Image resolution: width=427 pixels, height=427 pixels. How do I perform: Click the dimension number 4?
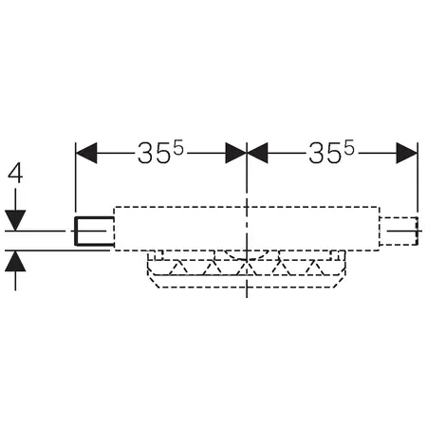[x=15, y=175]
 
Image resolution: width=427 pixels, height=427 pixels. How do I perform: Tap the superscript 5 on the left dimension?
[x=178, y=148]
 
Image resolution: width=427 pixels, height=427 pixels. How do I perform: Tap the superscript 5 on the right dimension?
[x=349, y=148]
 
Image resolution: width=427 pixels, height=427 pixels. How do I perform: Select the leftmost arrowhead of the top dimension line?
[x=86, y=153]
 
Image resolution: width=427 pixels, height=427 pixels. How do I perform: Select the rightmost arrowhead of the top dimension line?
[x=407, y=153]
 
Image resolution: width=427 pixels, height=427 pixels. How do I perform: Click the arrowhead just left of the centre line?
[x=235, y=153]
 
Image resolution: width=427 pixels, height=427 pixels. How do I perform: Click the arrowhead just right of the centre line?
[x=257, y=153]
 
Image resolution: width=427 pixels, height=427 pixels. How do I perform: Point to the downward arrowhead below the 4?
[x=15, y=220]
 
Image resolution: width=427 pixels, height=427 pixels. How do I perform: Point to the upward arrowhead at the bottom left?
[x=15, y=261]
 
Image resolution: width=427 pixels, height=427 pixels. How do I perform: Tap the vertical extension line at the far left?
[x=75, y=177]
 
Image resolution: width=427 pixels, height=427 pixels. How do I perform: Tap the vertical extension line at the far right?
[x=418, y=177]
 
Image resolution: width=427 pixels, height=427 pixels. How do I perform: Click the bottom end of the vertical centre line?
[x=247, y=297]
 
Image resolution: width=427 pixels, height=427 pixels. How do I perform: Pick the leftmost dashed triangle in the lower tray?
[x=177, y=268]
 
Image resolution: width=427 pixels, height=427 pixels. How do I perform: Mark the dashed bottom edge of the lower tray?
[x=247, y=288]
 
